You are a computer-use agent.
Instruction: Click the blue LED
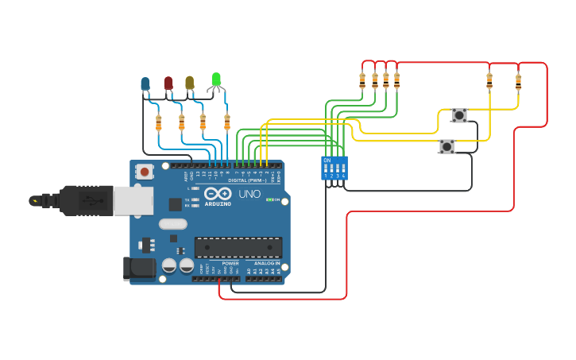(145, 83)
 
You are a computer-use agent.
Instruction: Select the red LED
(168, 83)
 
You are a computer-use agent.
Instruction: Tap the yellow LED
(189, 82)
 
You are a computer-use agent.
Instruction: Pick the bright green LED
(215, 79)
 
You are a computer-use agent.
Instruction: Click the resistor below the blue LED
(158, 122)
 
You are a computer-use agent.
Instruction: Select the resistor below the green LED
(226, 122)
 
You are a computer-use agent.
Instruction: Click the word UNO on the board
(249, 194)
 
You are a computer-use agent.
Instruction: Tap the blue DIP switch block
(334, 167)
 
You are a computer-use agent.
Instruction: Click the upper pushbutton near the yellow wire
(459, 115)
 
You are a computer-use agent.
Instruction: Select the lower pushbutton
(446, 146)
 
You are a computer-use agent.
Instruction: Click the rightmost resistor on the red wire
(518, 81)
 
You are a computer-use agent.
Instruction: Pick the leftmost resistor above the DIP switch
(362, 79)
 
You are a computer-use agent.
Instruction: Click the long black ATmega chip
(238, 247)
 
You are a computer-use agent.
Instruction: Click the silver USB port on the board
(133, 201)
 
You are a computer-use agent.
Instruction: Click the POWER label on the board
(230, 263)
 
